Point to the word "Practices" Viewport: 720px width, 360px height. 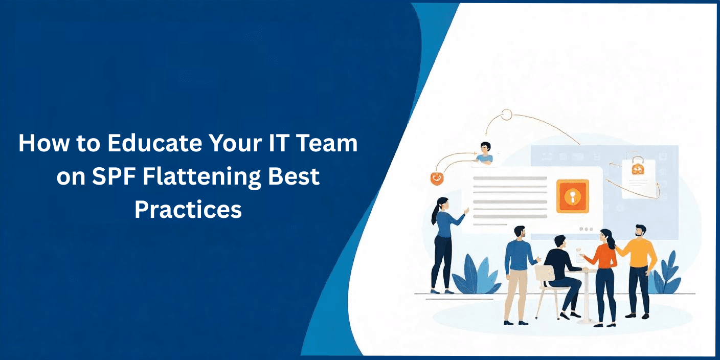188,210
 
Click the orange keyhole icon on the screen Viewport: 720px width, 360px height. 572,196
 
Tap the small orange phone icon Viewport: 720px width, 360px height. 436,178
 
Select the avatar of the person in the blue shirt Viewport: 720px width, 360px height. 485,153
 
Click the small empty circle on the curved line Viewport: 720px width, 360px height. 507,115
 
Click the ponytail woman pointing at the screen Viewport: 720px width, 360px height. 445,245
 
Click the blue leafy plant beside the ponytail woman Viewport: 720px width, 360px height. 475,275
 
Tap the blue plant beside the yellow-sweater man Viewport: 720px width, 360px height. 667,273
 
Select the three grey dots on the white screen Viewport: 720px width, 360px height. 586,229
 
